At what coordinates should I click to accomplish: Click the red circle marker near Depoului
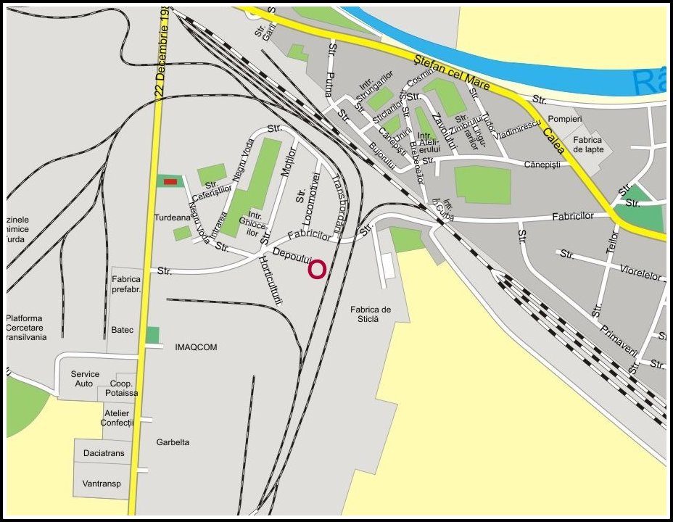[317, 270]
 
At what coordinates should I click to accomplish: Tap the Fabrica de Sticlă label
[370, 314]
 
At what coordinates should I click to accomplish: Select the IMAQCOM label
[196, 347]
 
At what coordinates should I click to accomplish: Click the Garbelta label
[173, 442]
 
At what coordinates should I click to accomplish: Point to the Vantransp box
[102, 484]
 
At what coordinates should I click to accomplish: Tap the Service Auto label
[85, 378]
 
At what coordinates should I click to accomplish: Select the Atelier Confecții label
[117, 418]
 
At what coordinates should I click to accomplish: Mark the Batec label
[123, 330]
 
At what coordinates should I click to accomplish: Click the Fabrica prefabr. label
[126, 283]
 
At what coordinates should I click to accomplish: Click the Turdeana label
[171, 217]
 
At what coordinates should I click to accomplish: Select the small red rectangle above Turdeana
[170, 181]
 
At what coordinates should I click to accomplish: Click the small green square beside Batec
[152, 334]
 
